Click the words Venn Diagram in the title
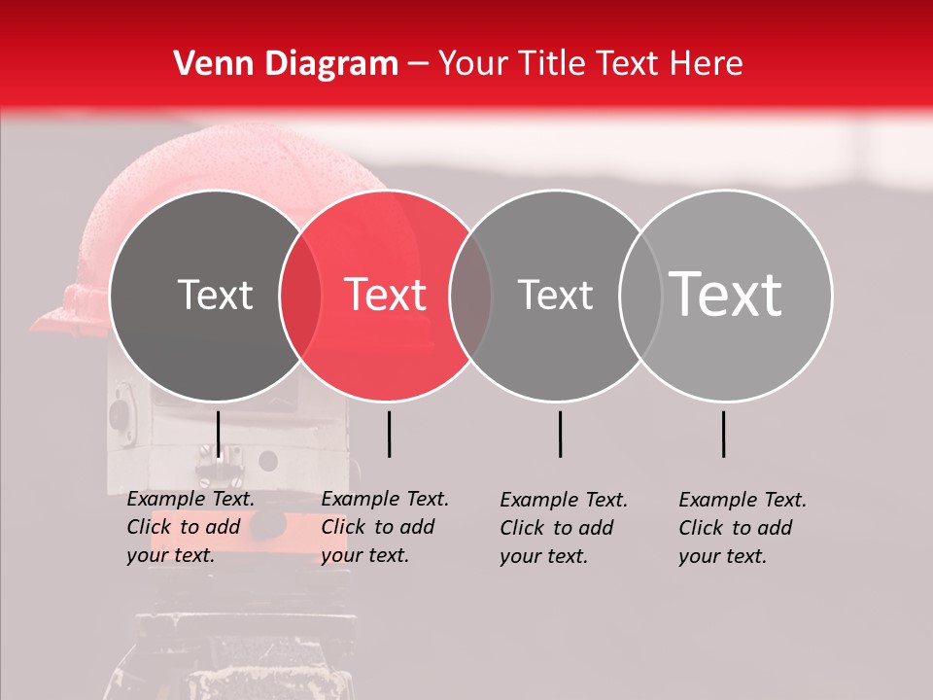(x=286, y=64)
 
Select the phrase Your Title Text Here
(x=590, y=64)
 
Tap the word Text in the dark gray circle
(x=215, y=295)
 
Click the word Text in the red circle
(x=386, y=295)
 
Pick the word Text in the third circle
(x=555, y=295)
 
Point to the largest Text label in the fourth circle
(x=726, y=294)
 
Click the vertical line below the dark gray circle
(x=218, y=434)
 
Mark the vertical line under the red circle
(x=389, y=434)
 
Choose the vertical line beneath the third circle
(x=560, y=434)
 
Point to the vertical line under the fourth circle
(x=723, y=434)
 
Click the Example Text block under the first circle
(x=190, y=527)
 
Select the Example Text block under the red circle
(x=385, y=527)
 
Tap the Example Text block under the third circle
(x=564, y=528)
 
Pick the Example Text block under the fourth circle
(x=743, y=528)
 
